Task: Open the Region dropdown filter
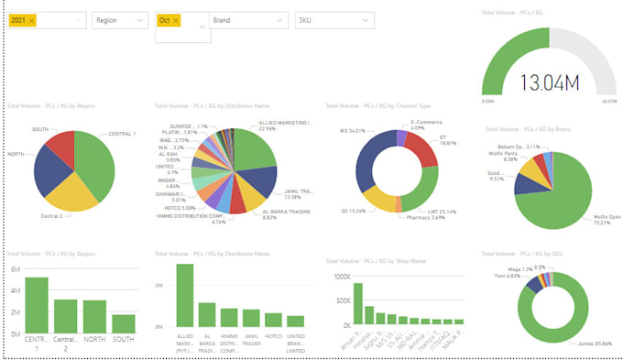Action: click(119, 19)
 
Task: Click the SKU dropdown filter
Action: click(335, 19)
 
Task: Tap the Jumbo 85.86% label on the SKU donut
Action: click(596, 343)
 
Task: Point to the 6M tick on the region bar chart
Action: click(14, 269)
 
